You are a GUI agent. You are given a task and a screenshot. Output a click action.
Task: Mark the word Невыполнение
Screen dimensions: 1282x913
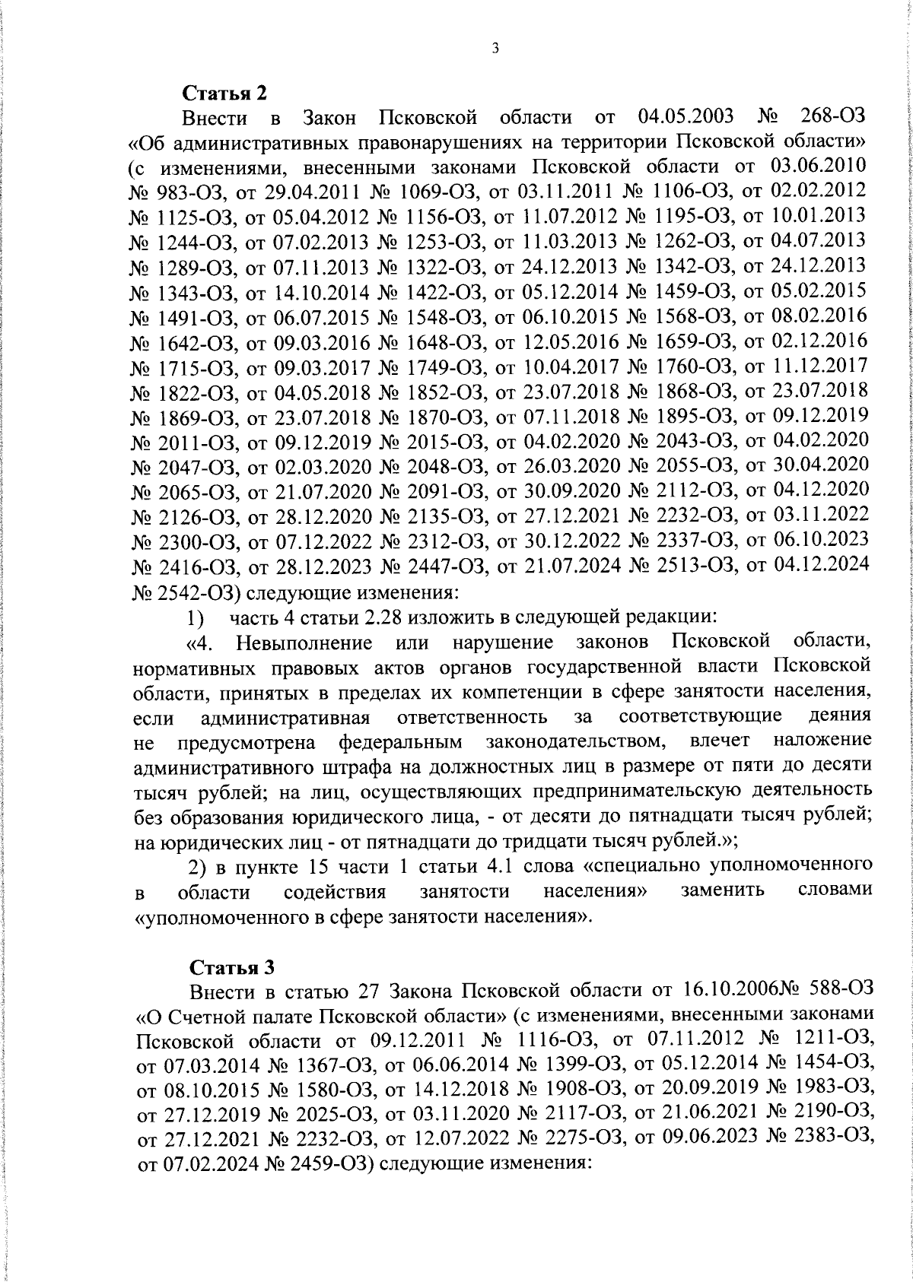304,643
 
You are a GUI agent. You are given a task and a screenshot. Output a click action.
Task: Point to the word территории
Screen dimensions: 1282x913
608,142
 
